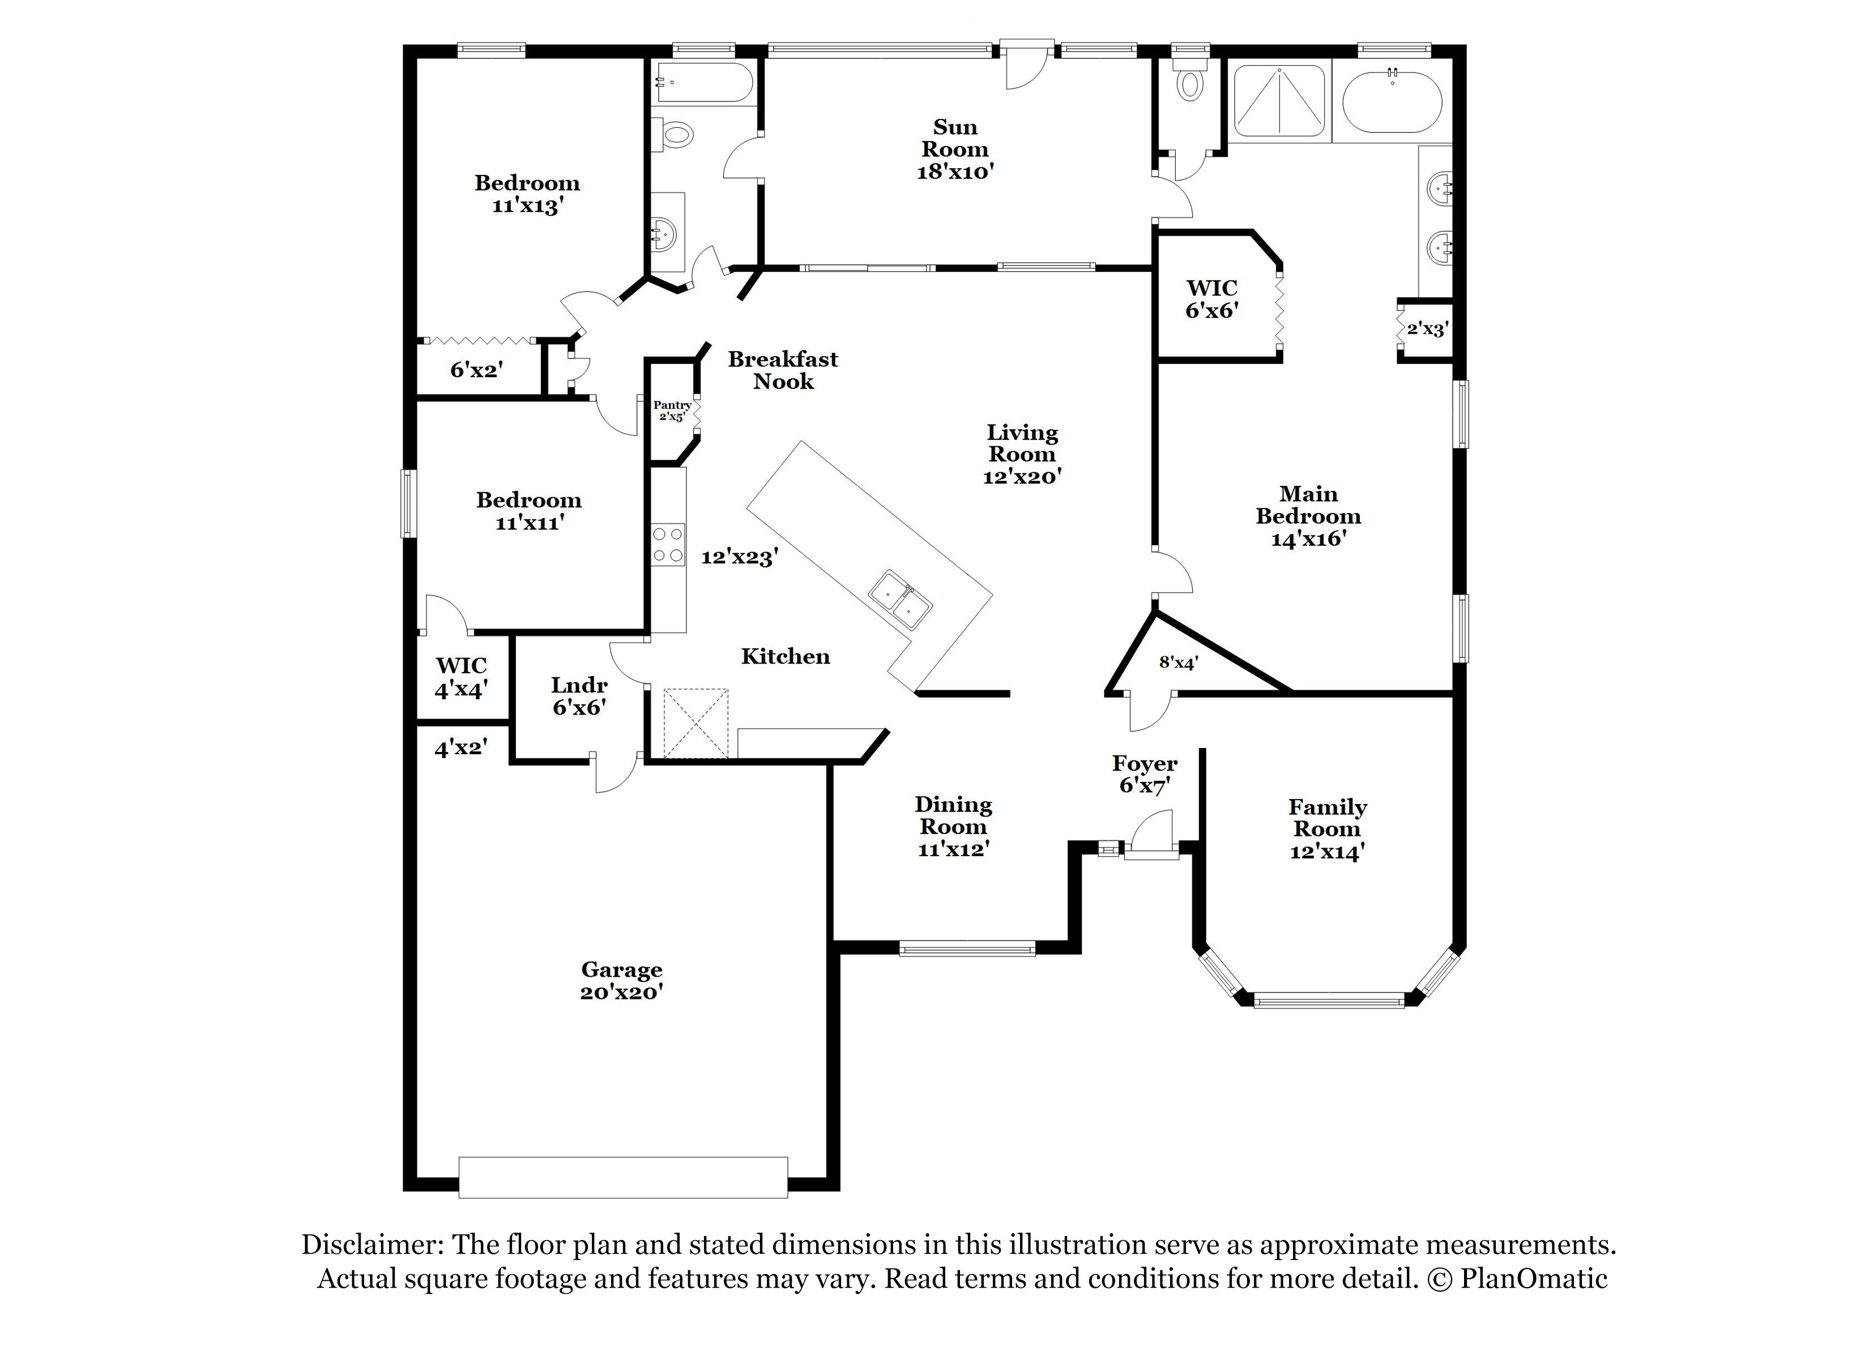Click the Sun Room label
(954, 149)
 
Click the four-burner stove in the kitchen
(668, 545)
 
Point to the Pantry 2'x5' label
(672, 411)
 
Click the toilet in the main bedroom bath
(1189, 83)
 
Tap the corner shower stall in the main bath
(1278, 100)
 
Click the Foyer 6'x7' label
(1145, 774)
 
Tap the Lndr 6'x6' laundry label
(579, 695)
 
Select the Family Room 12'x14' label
(1328, 829)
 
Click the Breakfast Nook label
(783, 370)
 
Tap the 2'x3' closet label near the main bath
(1427, 330)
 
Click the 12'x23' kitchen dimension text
(739, 558)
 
